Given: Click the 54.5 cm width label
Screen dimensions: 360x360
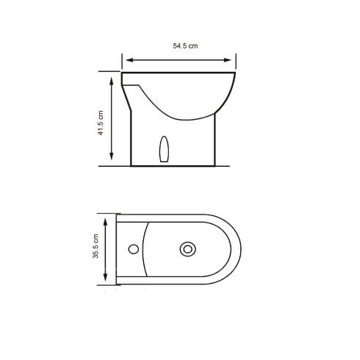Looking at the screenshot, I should pyautogui.click(x=185, y=46).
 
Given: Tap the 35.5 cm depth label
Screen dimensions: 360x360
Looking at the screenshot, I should pyautogui.click(x=96, y=249).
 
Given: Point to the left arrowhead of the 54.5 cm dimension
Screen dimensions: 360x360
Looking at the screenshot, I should pyautogui.click(x=126, y=59).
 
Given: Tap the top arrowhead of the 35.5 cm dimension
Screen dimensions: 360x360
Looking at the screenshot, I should pyautogui.click(x=107, y=219).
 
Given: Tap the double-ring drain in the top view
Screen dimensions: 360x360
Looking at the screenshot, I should pyautogui.click(x=189, y=250).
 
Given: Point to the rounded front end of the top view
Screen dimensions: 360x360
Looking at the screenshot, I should pyautogui.click(x=239, y=250).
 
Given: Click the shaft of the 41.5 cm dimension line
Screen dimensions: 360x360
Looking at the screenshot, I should pyautogui.click(x=111, y=118).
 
